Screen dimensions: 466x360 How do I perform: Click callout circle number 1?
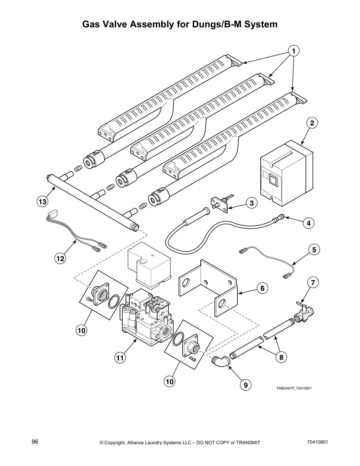(x=294, y=51)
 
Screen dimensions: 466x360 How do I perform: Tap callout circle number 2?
(x=312, y=123)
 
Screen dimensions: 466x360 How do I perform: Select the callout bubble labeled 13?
(x=42, y=202)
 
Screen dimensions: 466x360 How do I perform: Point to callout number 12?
(x=60, y=259)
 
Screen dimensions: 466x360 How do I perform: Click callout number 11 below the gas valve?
(x=120, y=358)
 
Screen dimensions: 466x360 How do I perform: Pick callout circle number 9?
(x=246, y=385)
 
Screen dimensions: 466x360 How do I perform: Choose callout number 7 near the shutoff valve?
(x=313, y=283)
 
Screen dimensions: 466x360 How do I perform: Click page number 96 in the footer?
(x=35, y=442)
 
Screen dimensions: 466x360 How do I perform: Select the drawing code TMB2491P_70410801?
(x=294, y=388)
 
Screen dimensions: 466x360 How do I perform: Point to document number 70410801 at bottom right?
(x=317, y=442)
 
